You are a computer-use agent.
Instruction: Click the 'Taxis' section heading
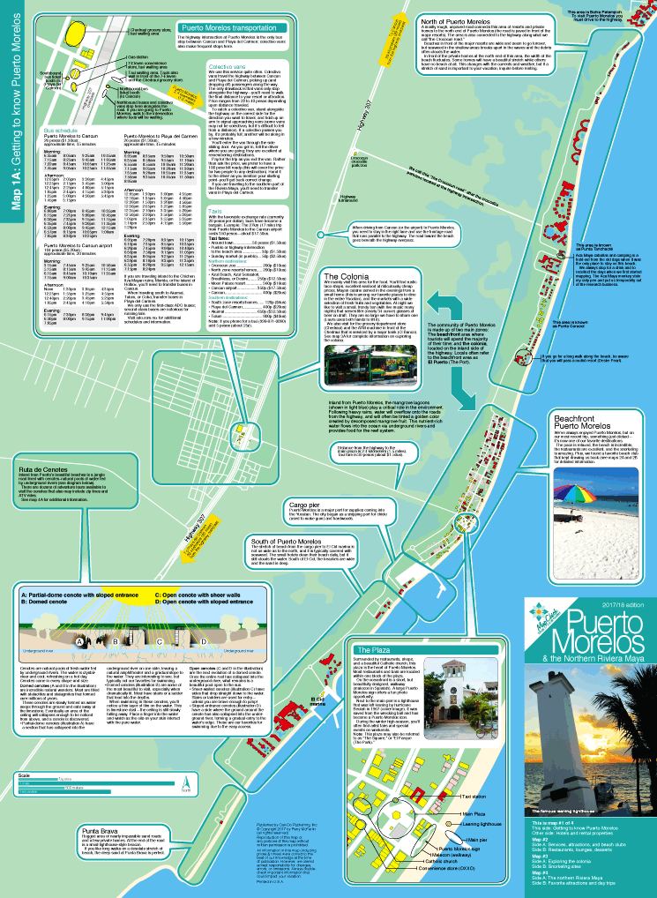216,213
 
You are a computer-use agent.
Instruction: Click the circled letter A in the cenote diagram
79,641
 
